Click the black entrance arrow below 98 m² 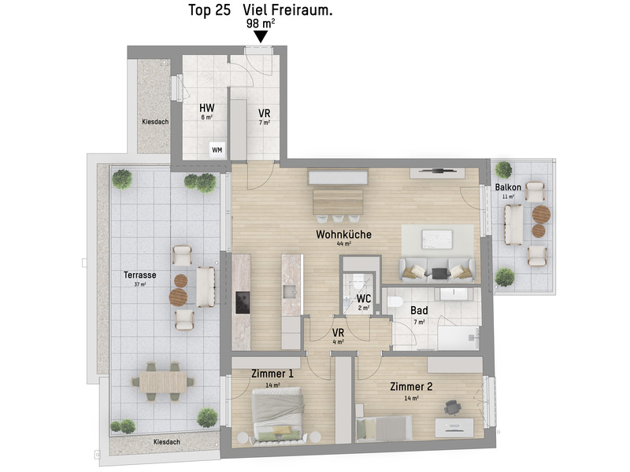[261, 37]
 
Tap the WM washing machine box [217, 150]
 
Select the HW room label [207, 108]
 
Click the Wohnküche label [343, 234]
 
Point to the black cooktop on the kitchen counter [243, 303]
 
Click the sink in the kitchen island [290, 292]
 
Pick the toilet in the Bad [396, 301]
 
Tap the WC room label [364, 299]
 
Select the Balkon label [508, 187]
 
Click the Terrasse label [140, 275]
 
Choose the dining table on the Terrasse [163, 382]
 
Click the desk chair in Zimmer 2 [452, 407]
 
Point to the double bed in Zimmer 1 [276, 415]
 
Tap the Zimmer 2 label [411, 386]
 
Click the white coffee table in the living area [437, 240]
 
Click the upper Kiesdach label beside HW [155, 122]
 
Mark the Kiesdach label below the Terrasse [167, 442]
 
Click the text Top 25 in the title [209, 10]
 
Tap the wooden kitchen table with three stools [338, 202]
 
